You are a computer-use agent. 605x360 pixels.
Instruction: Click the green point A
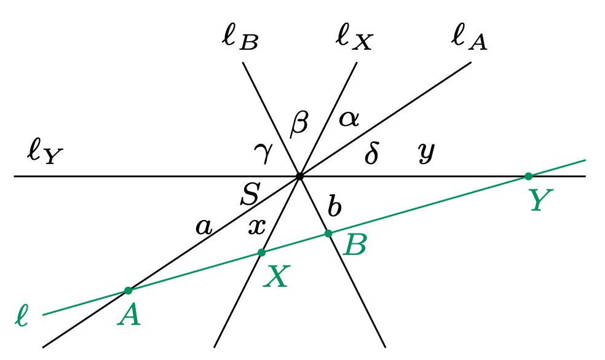click(128, 291)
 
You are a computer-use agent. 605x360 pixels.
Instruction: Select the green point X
click(261, 252)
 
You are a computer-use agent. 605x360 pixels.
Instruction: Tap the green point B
click(328, 233)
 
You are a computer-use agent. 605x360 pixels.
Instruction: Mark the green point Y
click(528, 176)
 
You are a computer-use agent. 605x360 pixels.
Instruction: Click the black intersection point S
click(299, 176)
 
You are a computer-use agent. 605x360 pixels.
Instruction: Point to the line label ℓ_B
click(240, 38)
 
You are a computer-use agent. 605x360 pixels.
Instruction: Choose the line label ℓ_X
click(354, 38)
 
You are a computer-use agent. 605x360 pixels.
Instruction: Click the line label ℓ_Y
click(44, 152)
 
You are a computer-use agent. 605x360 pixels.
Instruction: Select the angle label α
click(349, 117)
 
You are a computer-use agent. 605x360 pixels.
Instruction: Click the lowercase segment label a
click(204, 228)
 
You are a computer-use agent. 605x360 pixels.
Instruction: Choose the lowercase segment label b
click(334, 208)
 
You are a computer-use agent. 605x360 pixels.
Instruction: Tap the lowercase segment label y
click(425, 152)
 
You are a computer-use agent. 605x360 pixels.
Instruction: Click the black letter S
click(250, 195)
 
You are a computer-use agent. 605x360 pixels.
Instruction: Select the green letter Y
click(541, 200)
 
